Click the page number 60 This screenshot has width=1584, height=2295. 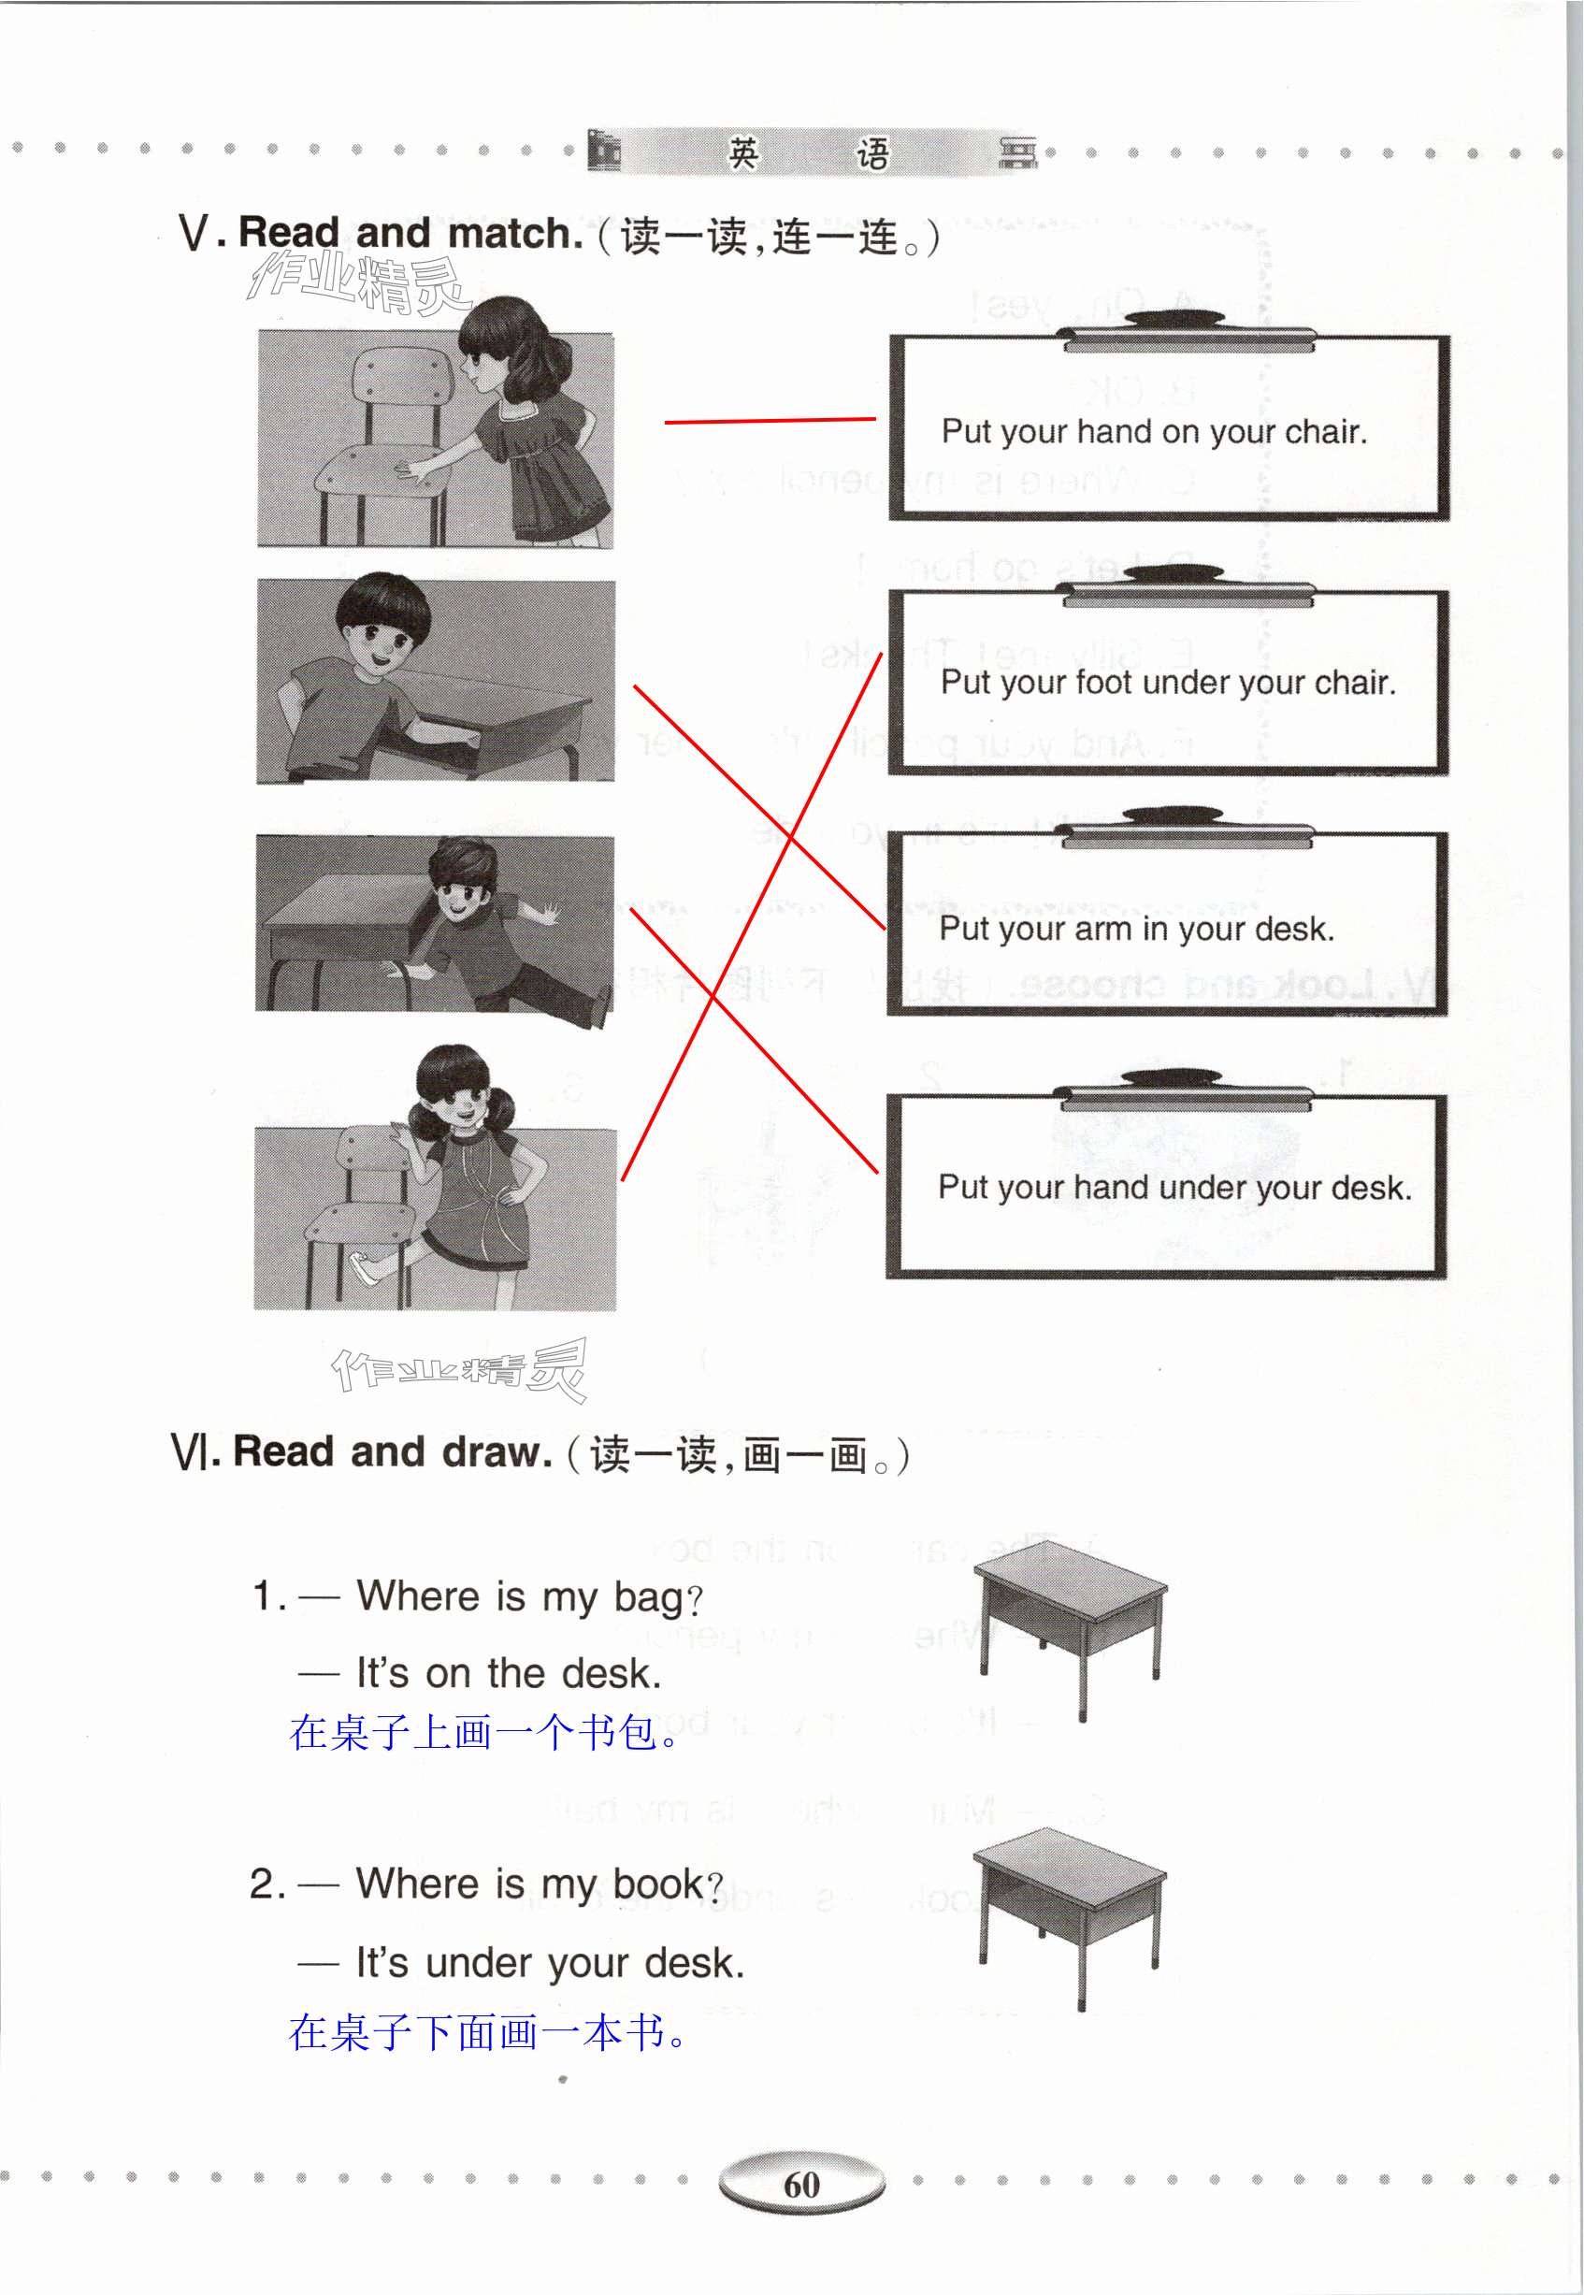(801, 2185)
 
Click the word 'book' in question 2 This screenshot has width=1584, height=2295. (657, 1884)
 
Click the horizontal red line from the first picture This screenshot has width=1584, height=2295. (770, 421)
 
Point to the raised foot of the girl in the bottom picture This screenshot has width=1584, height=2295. (366, 1268)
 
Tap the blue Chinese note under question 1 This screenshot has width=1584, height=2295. (483, 1733)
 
